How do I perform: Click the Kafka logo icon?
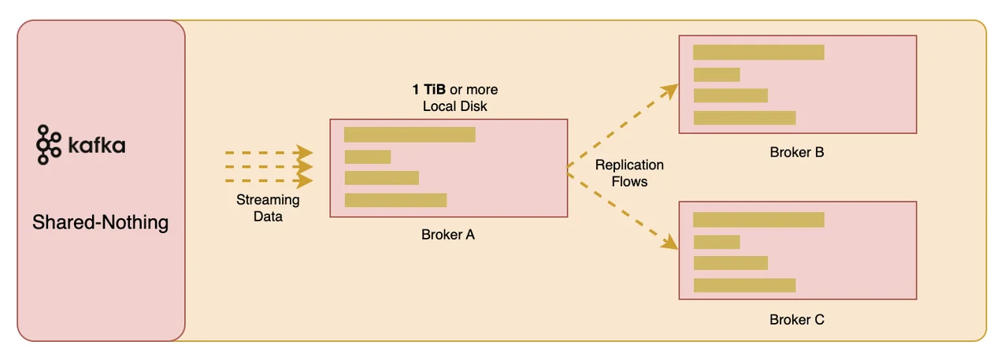coord(49,144)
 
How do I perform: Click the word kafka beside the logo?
coord(96,146)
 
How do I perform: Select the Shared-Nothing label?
coord(100,222)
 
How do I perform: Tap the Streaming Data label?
coord(268,208)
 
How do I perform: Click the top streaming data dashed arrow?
coord(269,152)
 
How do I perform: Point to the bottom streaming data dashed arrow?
coord(269,181)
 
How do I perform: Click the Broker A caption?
coord(448,234)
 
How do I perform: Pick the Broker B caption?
coord(797,151)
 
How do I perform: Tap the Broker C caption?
coord(797,320)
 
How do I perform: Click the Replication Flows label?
coord(629,173)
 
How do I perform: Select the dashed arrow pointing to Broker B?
coord(622,126)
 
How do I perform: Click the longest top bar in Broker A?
coord(409,135)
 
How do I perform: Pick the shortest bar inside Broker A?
coord(368,157)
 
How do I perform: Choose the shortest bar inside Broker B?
coord(716,75)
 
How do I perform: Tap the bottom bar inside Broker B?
coord(744,118)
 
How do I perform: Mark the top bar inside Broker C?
coord(758,220)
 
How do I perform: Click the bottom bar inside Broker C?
coord(744,285)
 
